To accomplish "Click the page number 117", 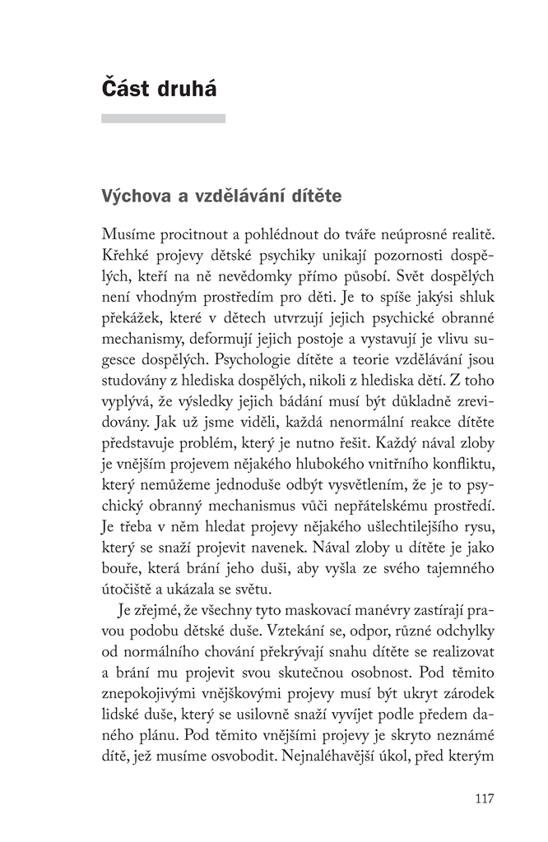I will pyautogui.click(x=484, y=798).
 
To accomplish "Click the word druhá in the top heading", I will pyautogui.click(x=185, y=89).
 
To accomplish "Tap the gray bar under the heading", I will pyautogui.click(x=163, y=118).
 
